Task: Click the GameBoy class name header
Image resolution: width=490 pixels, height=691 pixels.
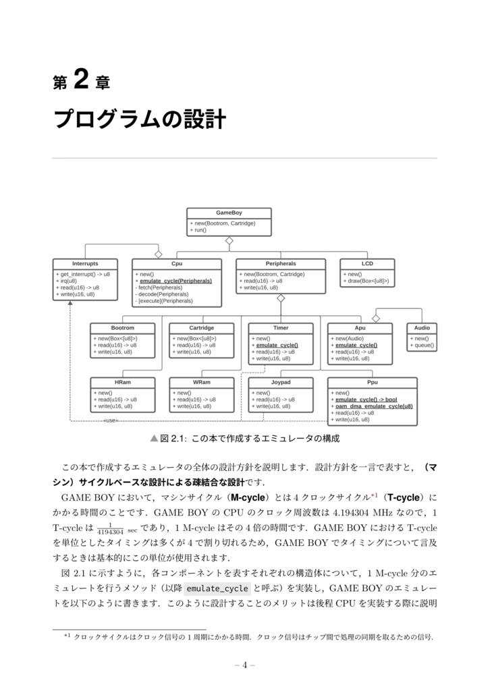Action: point(229,213)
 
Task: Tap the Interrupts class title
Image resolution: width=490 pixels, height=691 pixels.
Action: point(85,264)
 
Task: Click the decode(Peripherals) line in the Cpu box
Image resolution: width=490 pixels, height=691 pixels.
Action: point(163,294)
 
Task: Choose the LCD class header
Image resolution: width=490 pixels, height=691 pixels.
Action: point(367,264)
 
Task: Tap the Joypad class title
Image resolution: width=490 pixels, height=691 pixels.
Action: point(281,382)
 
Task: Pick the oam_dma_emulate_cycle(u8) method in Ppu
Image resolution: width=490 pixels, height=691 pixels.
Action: point(374,406)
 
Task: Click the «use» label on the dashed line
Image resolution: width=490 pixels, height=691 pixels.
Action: point(111,420)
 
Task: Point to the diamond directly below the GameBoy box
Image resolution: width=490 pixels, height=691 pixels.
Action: point(229,240)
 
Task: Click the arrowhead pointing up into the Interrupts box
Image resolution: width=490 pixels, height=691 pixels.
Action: point(70,304)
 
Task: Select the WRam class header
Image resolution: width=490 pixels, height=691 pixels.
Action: point(201,382)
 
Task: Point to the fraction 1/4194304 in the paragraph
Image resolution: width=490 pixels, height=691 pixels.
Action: point(106,528)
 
